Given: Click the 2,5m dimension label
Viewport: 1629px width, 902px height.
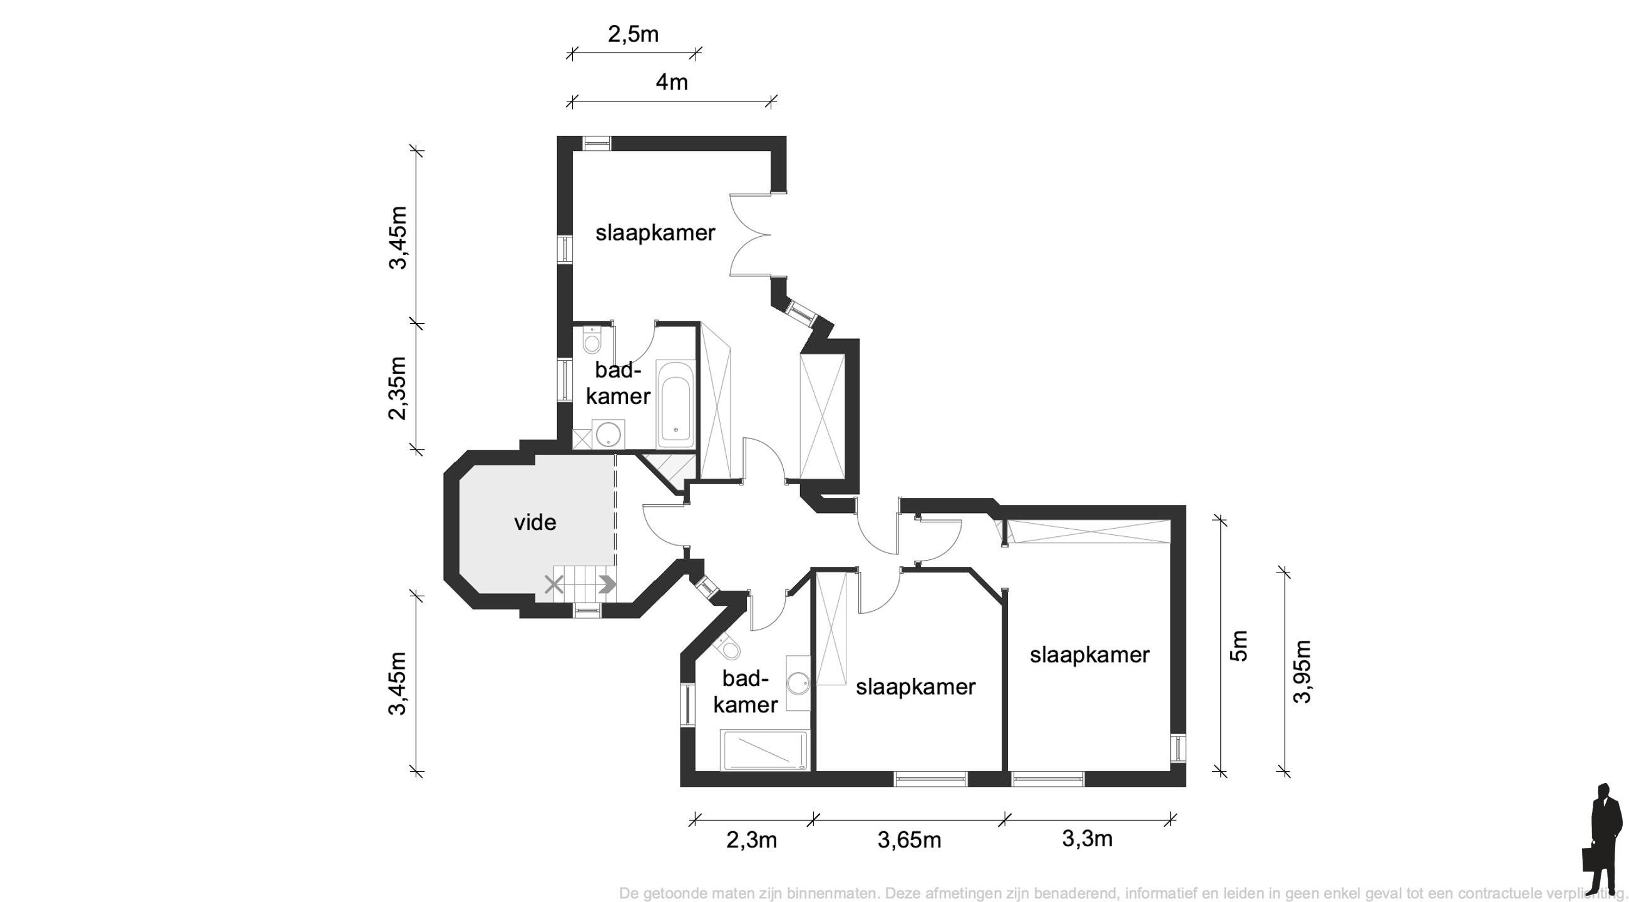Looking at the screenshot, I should click(633, 34).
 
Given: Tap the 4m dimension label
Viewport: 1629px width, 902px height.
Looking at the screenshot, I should click(671, 82).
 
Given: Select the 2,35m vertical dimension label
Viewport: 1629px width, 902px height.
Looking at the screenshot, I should click(398, 388).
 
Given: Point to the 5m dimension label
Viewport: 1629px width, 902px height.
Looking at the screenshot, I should click(1240, 646).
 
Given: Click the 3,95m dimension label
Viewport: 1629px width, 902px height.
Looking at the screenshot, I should click(1302, 671).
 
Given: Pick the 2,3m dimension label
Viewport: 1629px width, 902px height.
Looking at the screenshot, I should click(751, 841).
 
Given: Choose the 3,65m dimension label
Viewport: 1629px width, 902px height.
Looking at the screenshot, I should click(909, 841).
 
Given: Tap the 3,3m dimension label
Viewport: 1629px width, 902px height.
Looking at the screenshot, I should click(1086, 839).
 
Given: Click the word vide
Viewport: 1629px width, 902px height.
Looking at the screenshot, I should click(535, 523).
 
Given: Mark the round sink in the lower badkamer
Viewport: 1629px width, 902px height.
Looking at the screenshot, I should click(798, 684).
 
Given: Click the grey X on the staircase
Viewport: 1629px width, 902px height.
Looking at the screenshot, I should click(554, 584).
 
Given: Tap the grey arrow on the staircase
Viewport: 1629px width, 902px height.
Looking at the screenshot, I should click(607, 584).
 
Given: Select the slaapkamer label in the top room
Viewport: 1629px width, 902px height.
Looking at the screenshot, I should click(655, 234).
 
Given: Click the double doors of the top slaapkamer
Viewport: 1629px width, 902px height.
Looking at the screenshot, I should click(750, 235).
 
